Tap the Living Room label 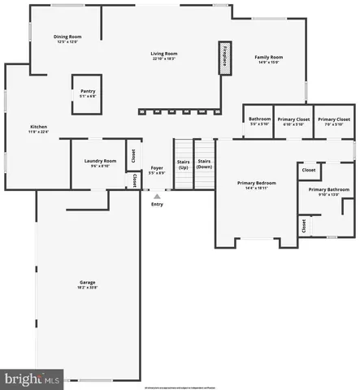point(163,54)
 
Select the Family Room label point(268,57)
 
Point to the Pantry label point(88,91)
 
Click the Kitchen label point(38,127)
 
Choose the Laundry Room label point(101,160)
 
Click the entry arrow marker point(158,195)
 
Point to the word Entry point(158,204)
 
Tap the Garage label point(87,282)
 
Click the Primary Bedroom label point(253,183)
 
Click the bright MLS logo point(33,379)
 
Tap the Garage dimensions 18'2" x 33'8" point(87,288)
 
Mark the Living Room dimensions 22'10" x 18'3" point(163,59)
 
